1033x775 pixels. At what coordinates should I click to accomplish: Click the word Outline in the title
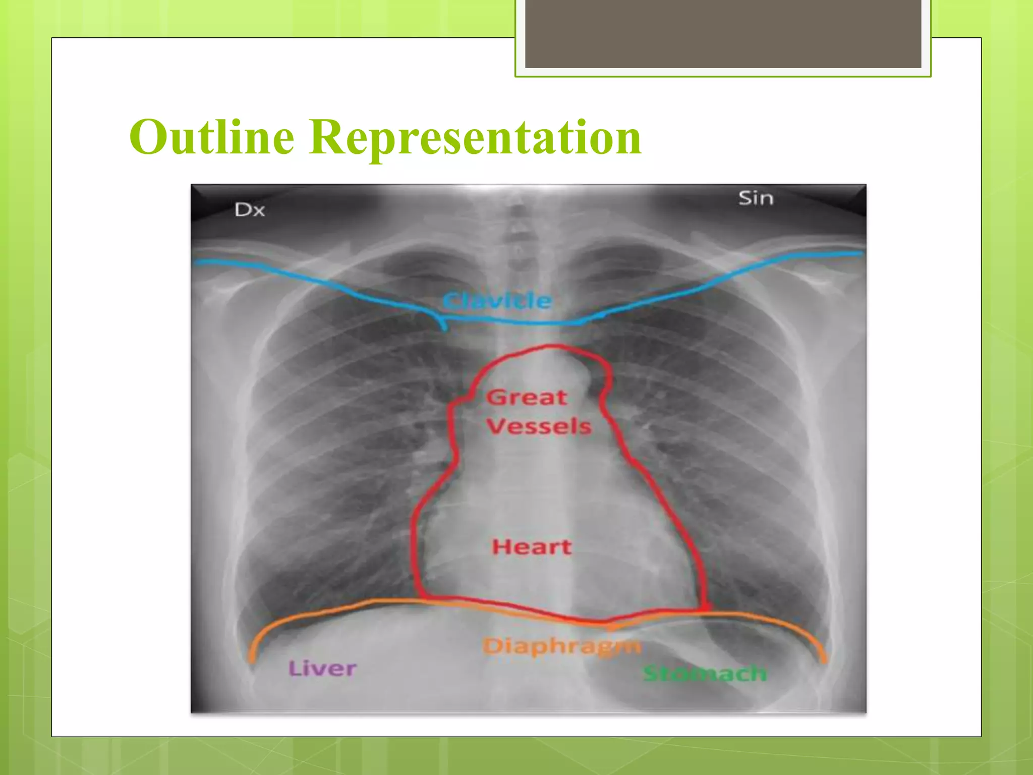tap(212, 137)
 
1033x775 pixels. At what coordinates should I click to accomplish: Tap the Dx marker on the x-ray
tap(250, 210)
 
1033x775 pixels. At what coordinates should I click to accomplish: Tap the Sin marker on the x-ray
tap(756, 198)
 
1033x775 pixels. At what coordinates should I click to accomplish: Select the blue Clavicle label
tap(497, 301)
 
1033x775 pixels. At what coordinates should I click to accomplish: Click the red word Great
tap(527, 398)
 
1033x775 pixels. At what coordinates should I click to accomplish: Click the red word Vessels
tap(539, 426)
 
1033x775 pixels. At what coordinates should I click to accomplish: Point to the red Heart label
tap(532, 547)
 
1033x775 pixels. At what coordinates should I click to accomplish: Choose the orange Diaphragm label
tap(561, 646)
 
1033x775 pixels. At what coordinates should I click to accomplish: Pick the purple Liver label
tap(322, 669)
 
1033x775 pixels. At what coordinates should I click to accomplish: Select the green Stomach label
tap(705, 674)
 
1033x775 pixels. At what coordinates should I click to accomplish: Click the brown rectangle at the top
tap(723, 33)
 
